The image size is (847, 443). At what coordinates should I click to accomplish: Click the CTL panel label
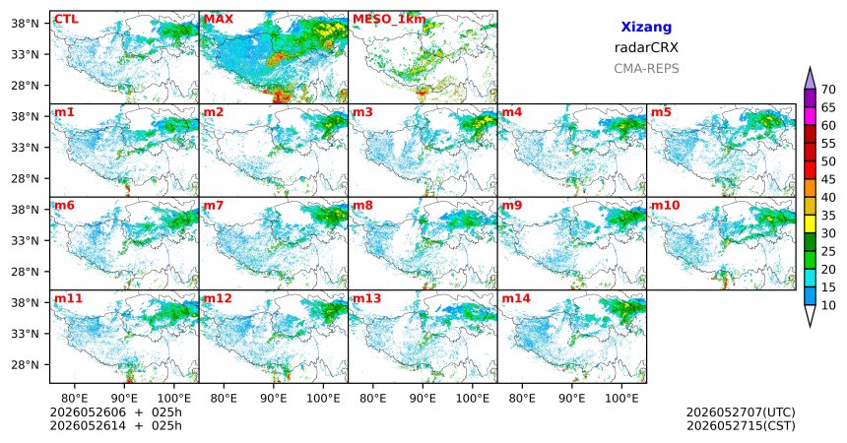(x=66, y=20)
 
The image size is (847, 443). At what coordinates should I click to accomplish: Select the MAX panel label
(x=219, y=20)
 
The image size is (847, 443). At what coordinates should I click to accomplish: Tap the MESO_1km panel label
(x=389, y=20)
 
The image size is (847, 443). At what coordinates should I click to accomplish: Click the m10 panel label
(x=665, y=206)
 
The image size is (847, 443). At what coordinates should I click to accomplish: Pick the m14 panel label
(x=516, y=298)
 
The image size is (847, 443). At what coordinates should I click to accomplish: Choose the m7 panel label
(x=214, y=206)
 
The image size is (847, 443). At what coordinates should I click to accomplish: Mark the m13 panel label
(x=366, y=298)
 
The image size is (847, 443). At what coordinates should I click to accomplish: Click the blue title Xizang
(x=646, y=27)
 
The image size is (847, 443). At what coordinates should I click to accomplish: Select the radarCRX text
(x=646, y=47)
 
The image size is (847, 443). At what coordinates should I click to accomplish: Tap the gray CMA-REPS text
(x=646, y=69)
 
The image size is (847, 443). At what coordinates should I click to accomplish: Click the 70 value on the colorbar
(x=828, y=90)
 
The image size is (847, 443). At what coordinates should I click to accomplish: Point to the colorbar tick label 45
(x=828, y=179)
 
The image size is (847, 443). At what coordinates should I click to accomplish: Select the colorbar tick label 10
(x=828, y=305)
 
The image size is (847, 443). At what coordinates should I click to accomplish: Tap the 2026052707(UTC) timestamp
(x=741, y=412)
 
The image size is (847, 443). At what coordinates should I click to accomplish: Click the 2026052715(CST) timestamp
(x=741, y=425)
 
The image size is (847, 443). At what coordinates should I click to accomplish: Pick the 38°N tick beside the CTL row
(x=25, y=24)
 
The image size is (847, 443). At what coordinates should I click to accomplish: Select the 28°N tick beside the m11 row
(x=25, y=364)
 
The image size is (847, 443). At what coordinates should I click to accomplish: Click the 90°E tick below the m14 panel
(x=572, y=399)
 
